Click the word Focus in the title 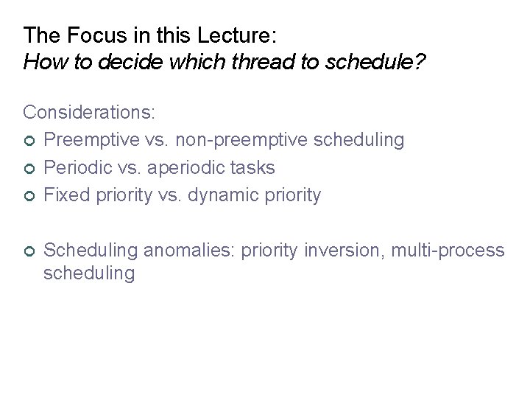(x=82, y=35)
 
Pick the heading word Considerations (x=89, y=112)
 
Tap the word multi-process (x=447, y=251)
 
